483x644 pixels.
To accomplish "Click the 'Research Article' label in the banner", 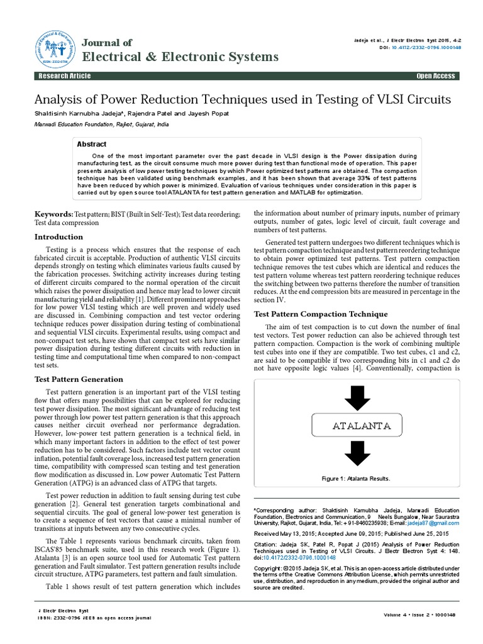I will [65, 76].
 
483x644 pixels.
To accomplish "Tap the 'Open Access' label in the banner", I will [435, 76].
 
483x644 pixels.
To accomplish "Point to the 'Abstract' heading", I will [91, 144].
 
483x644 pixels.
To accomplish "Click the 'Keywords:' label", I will [53, 214].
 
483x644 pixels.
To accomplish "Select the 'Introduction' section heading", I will [58, 236].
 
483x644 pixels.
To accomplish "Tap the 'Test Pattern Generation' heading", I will [78, 379].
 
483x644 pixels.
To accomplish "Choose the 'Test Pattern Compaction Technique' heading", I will [320, 313].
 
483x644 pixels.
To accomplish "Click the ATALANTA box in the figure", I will [361, 426].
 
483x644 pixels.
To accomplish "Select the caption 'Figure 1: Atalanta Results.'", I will [356, 479].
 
